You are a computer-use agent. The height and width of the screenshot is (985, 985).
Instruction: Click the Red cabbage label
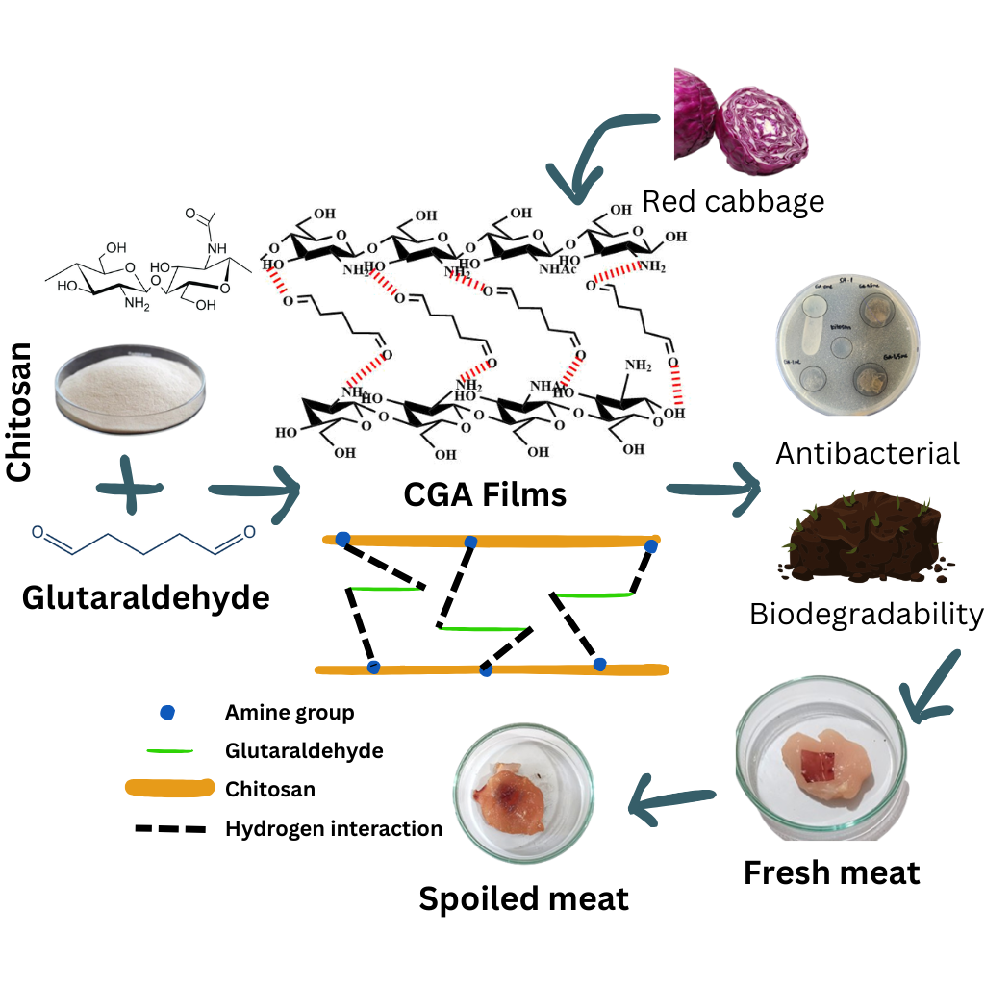[x=733, y=201]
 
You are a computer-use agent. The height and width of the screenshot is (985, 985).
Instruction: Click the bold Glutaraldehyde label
[x=145, y=597]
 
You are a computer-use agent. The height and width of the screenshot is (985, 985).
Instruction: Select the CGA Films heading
[x=485, y=494]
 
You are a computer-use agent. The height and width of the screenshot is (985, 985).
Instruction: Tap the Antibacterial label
[x=868, y=452]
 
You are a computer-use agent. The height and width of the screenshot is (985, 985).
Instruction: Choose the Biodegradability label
[x=867, y=614]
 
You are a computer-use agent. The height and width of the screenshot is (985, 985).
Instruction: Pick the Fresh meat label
[x=831, y=872]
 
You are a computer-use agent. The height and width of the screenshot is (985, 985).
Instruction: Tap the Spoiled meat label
[x=523, y=898]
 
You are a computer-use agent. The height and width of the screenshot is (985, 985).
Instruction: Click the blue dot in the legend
[x=167, y=713]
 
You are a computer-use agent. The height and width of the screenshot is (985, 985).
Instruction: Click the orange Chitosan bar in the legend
[x=169, y=790]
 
